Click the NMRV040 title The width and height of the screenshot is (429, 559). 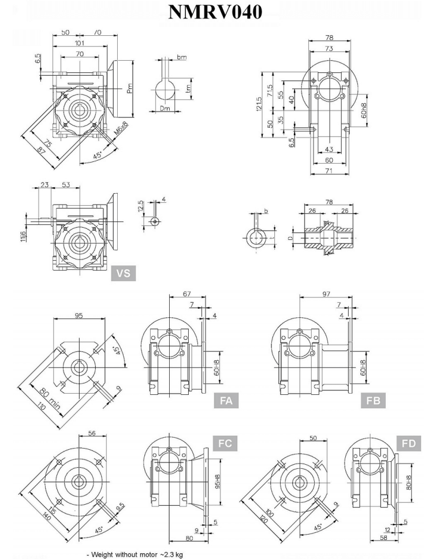214,13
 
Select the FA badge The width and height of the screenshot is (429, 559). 226,400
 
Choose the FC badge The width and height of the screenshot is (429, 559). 226,444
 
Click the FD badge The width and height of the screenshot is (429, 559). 409,444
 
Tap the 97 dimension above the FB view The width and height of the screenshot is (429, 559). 327,295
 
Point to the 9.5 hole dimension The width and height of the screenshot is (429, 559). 120,508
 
